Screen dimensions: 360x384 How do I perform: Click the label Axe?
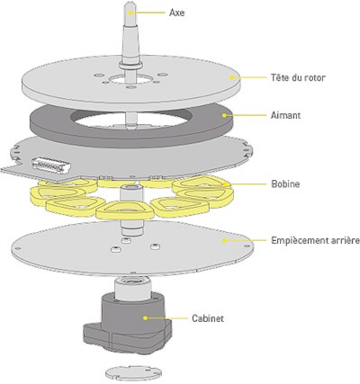(x=176, y=13)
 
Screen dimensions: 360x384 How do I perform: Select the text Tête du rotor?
(x=298, y=77)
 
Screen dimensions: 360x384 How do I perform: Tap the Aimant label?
(x=285, y=115)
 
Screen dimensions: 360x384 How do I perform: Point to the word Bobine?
(x=285, y=183)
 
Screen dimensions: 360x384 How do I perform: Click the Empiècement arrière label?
(x=315, y=240)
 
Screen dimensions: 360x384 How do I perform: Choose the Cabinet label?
(x=208, y=318)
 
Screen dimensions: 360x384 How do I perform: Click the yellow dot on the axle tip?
(x=130, y=13)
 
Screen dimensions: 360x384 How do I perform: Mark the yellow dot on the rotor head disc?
(x=231, y=77)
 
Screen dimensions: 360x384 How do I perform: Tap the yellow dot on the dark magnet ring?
(x=224, y=115)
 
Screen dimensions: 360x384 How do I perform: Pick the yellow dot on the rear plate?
(x=224, y=240)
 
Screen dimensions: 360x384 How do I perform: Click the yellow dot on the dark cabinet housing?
(x=146, y=317)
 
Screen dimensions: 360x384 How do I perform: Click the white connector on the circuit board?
(x=51, y=165)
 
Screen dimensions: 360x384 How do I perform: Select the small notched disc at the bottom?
(x=134, y=371)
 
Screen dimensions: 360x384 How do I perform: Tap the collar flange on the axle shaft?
(x=130, y=65)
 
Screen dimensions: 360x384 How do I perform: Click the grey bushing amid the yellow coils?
(x=131, y=193)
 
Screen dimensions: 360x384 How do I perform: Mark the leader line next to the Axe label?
(x=148, y=13)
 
